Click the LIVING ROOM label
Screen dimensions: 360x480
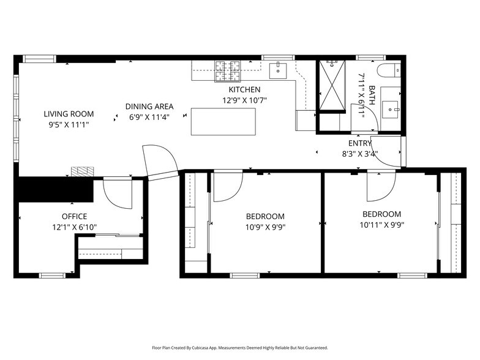pyautogui.click(x=69, y=113)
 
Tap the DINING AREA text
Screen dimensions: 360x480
pyautogui.click(x=149, y=106)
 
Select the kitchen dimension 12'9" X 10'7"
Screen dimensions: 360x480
pyautogui.click(x=244, y=100)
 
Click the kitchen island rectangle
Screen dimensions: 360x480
pyautogui.click(x=223, y=121)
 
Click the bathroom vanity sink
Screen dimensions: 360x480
pyautogui.click(x=391, y=110)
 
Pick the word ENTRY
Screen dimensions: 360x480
pyautogui.click(x=359, y=143)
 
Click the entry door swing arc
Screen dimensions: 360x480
pyautogui.click(x=386, y=153)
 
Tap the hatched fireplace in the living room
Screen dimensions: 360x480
pyautogui.click(x=81, y=172)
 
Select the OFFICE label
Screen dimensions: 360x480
pyautogui.click(x=74, y=216)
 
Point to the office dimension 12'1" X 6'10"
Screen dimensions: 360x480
pyautogui.click(x=74, y=227)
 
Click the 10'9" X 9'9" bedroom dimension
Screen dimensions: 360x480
pyautogui.click(x=265, y=227)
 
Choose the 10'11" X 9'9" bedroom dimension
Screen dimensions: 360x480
pyautogui.click(x=381, y=224)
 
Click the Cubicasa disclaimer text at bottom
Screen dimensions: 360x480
pyautogui.click(x=239, y=347)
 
